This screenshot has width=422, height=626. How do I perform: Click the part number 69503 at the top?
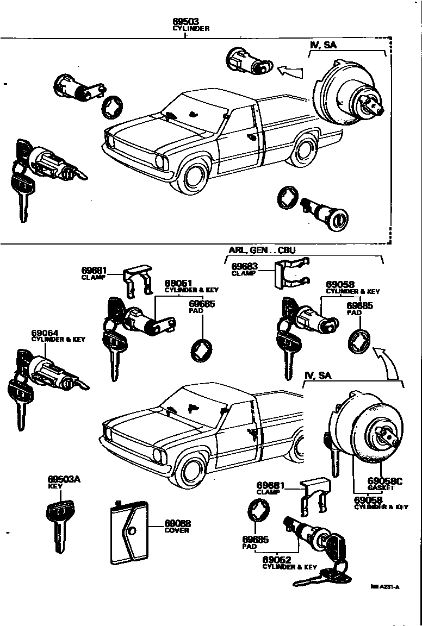coord(185,22)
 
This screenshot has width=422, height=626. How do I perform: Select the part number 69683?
coord(245,266)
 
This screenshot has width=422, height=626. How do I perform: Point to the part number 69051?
coord(178,284)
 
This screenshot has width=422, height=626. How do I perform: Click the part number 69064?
coord(46,333)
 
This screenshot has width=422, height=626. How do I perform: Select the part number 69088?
coord(178,523)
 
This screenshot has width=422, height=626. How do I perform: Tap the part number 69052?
coord(276,560)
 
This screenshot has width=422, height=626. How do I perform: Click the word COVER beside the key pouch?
coord(177,530)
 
